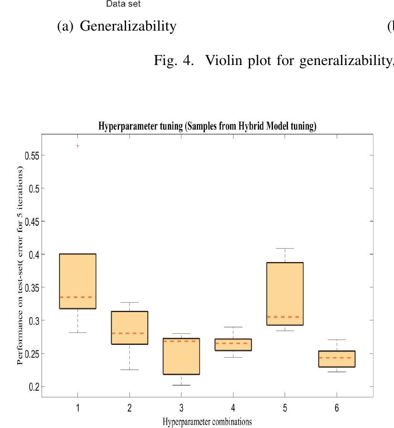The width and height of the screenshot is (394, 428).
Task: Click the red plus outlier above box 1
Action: [x=78, y=146]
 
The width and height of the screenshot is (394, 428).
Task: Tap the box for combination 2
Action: [x=129, y=328]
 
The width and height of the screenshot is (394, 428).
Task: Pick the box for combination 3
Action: [x=181, y=356]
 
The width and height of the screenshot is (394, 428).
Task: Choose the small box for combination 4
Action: [x=234, y=345]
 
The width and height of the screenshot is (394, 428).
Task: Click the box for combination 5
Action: [x=285, y=294]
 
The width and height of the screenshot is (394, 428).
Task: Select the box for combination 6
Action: [x=337, y=359]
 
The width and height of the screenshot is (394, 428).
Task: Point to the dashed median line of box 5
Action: [x=285, y=317]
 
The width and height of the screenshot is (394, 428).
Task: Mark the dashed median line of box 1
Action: [x=78, y=297]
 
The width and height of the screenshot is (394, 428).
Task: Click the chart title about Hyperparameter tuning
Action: [x=207, y=127]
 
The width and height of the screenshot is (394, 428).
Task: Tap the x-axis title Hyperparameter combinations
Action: [x=207, y=422]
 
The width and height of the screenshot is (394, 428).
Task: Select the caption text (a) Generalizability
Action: [x=117, y=26]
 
